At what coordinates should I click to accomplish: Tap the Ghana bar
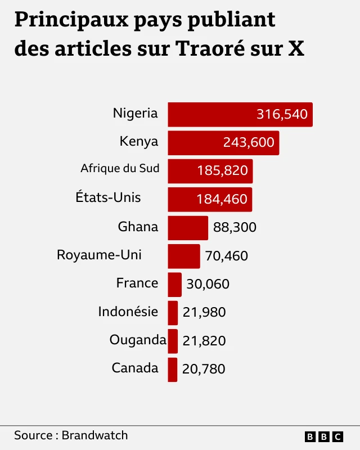(x=188, y=228)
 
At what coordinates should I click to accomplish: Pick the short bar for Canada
(x=173, y=370)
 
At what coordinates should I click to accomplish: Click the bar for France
(x=175, y=285)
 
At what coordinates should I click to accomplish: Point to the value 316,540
(x=282, y=114)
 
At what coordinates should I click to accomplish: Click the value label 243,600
(x=249, y=143)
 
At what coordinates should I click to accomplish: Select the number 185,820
(x=222, y=171)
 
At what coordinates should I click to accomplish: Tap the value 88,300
(x=235, y=228)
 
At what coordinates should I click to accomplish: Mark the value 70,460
(x=226, y=256)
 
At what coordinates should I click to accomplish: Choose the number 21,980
(x=204, y=313)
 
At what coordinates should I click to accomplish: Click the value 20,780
(x=204, y=370)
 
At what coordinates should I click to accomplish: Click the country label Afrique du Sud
(x=120, y=168)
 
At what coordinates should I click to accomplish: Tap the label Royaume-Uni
(x=99, y=255)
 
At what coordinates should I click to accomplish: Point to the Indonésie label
(x=128, y=311)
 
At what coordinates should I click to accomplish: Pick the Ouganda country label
(x=138, y=340)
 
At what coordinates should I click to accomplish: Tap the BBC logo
(x=323, y=436)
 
